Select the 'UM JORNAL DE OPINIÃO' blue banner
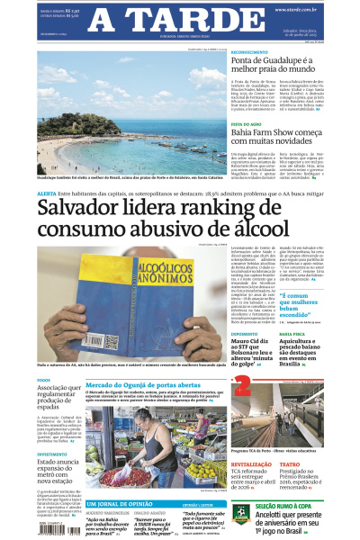click(x=118, y=504)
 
